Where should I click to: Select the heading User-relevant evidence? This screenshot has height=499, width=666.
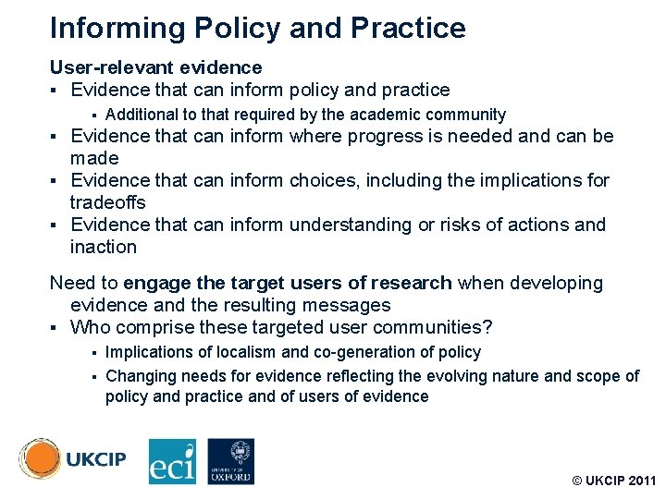155,67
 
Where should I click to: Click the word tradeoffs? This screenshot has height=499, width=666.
107,202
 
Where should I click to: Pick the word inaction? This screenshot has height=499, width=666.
103,247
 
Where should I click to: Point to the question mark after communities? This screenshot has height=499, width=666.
488,327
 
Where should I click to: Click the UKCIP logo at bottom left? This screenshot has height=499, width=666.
72,459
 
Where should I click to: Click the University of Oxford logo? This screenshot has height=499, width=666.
230,461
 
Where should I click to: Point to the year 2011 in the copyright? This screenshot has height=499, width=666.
639,481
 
